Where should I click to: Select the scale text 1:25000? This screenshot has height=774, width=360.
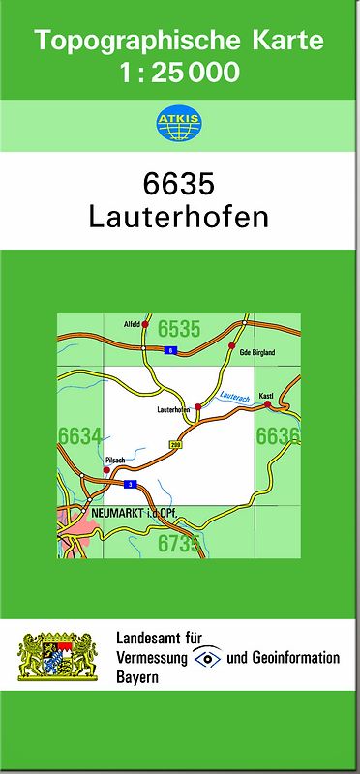coord(178,73)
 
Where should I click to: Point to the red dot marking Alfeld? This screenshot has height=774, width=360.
coord(145,325)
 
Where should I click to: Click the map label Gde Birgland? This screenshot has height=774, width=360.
coord(257,353)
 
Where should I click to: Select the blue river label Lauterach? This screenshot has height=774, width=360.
coord(235,397)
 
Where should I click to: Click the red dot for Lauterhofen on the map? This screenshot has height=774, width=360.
coord(198,406)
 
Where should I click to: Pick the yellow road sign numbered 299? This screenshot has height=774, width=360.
coord(175,444)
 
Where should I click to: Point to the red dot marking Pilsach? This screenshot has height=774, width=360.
coord(107,470)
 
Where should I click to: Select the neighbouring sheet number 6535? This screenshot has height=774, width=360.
coord(178,329)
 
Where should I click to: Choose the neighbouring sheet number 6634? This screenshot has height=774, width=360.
coord(79,436)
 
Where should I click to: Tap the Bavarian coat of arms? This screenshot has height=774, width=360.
coord(58,658)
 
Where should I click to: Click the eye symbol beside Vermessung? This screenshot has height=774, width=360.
coord(208,658)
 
